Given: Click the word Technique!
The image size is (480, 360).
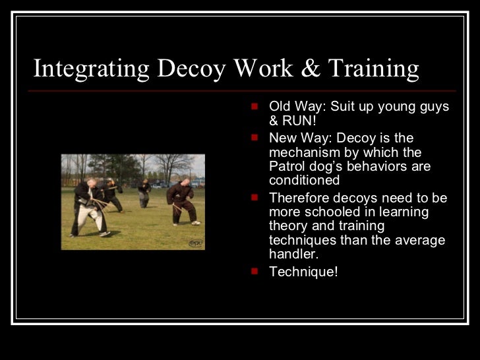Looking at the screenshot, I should pyautogui.click(x=303, y=270).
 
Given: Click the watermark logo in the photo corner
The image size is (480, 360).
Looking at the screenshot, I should pyautogui.click(x=196, y=243).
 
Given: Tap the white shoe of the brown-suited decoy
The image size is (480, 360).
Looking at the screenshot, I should pyautogui.click(x=196, y=223).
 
